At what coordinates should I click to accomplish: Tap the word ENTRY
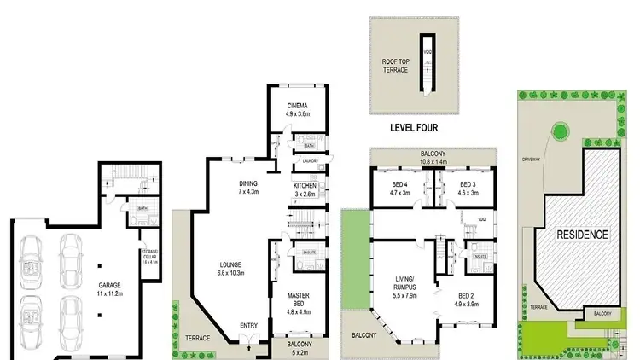tap(248, 325)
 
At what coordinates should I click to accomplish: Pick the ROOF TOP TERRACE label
tap(395, 64)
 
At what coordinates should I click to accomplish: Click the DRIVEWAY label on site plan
tap(534, 160)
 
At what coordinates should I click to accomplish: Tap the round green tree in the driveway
tap(559, 131)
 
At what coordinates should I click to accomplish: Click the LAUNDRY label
tap(311, 160)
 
